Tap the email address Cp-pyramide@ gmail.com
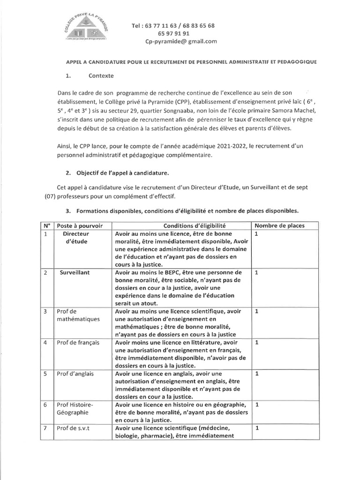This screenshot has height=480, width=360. (x=181, y=41)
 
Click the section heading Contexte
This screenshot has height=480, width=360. (x=100, y=75)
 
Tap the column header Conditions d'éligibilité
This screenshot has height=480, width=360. (x=181, y=225)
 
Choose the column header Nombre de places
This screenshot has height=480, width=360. (x=279, y=225)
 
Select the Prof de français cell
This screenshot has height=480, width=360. (x=78, y=343)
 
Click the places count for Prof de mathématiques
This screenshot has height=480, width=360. (x=257, y=311)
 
